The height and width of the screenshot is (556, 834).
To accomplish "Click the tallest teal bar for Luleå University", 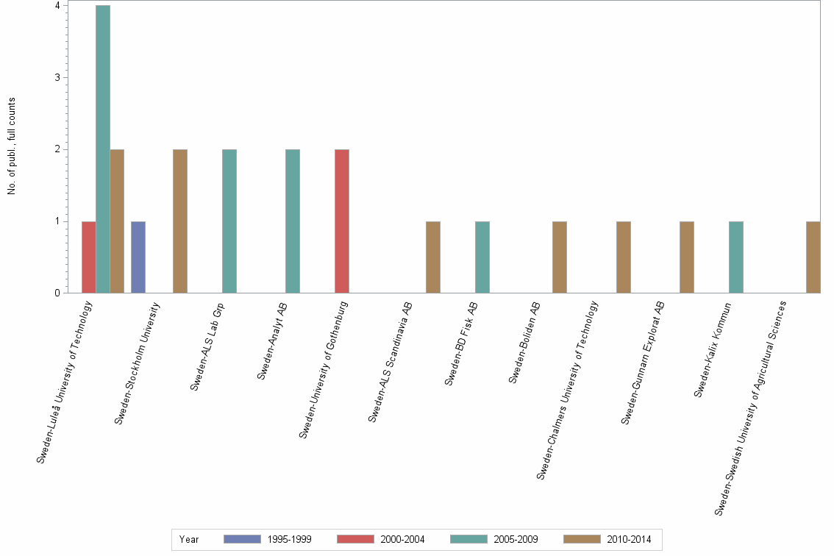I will tap(103, 149).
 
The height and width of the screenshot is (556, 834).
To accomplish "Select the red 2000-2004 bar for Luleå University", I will tap(89, 257).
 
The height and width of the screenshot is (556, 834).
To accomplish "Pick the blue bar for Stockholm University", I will tap(138, 257).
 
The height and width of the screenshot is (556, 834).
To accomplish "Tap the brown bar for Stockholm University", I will tap(180, 221).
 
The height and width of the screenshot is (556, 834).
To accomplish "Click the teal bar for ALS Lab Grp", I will tap(229, 221).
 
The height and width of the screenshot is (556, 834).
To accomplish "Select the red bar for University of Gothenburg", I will tap(341, 221).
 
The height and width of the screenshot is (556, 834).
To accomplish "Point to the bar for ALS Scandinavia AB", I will tap(433, 257).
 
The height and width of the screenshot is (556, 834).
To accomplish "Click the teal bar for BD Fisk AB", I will tap(482, 257).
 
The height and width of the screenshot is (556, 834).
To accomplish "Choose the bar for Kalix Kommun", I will tap(736, 257).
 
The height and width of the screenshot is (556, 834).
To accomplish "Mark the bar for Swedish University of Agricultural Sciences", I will tap(813, 257).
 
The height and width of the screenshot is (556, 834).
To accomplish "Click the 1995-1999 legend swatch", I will tap(242, 539).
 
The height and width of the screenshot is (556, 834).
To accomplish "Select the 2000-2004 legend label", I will tap(402, 539).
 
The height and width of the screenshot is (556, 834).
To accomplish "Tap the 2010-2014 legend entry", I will tap(629, 539).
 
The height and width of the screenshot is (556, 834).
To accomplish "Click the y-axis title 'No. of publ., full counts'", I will tap(13, 146).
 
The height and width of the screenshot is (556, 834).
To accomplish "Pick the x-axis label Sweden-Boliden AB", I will tap(524, 343).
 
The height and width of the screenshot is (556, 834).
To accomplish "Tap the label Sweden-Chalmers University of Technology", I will tap(567, 391).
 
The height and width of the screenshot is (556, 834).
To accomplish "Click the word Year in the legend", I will tap(189, 539).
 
